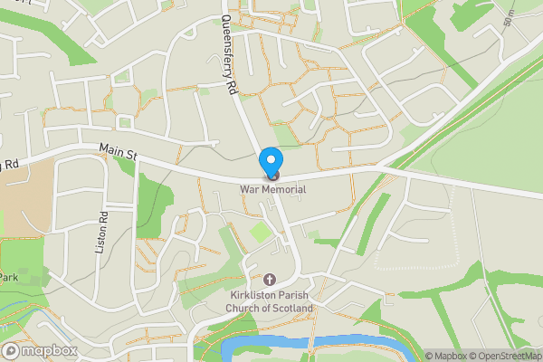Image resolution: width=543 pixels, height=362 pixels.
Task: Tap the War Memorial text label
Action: click(272, 189)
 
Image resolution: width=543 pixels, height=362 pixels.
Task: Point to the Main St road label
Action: click(118, 154)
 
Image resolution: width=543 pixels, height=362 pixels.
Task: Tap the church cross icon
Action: click(269, 281)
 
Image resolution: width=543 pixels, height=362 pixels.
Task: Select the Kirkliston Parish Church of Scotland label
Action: click(269, 302)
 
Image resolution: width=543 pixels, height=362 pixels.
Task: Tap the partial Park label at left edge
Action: click(9, 276)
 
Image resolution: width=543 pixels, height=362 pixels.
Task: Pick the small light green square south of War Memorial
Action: click(261, 232)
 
